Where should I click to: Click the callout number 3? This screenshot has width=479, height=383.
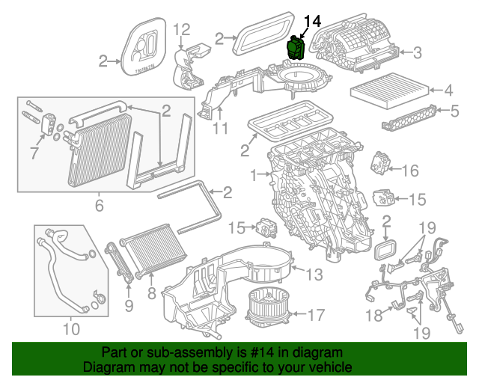click(x=418, y=52)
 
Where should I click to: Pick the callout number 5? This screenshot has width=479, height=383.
click(x=454, y=112)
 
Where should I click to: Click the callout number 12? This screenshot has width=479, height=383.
click(x=183, y=30)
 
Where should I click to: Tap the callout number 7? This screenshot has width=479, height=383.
click(x=32, y=153)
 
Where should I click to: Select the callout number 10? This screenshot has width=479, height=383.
click(x=70, y=328)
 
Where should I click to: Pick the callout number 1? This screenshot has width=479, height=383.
click(x=253, y=175)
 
